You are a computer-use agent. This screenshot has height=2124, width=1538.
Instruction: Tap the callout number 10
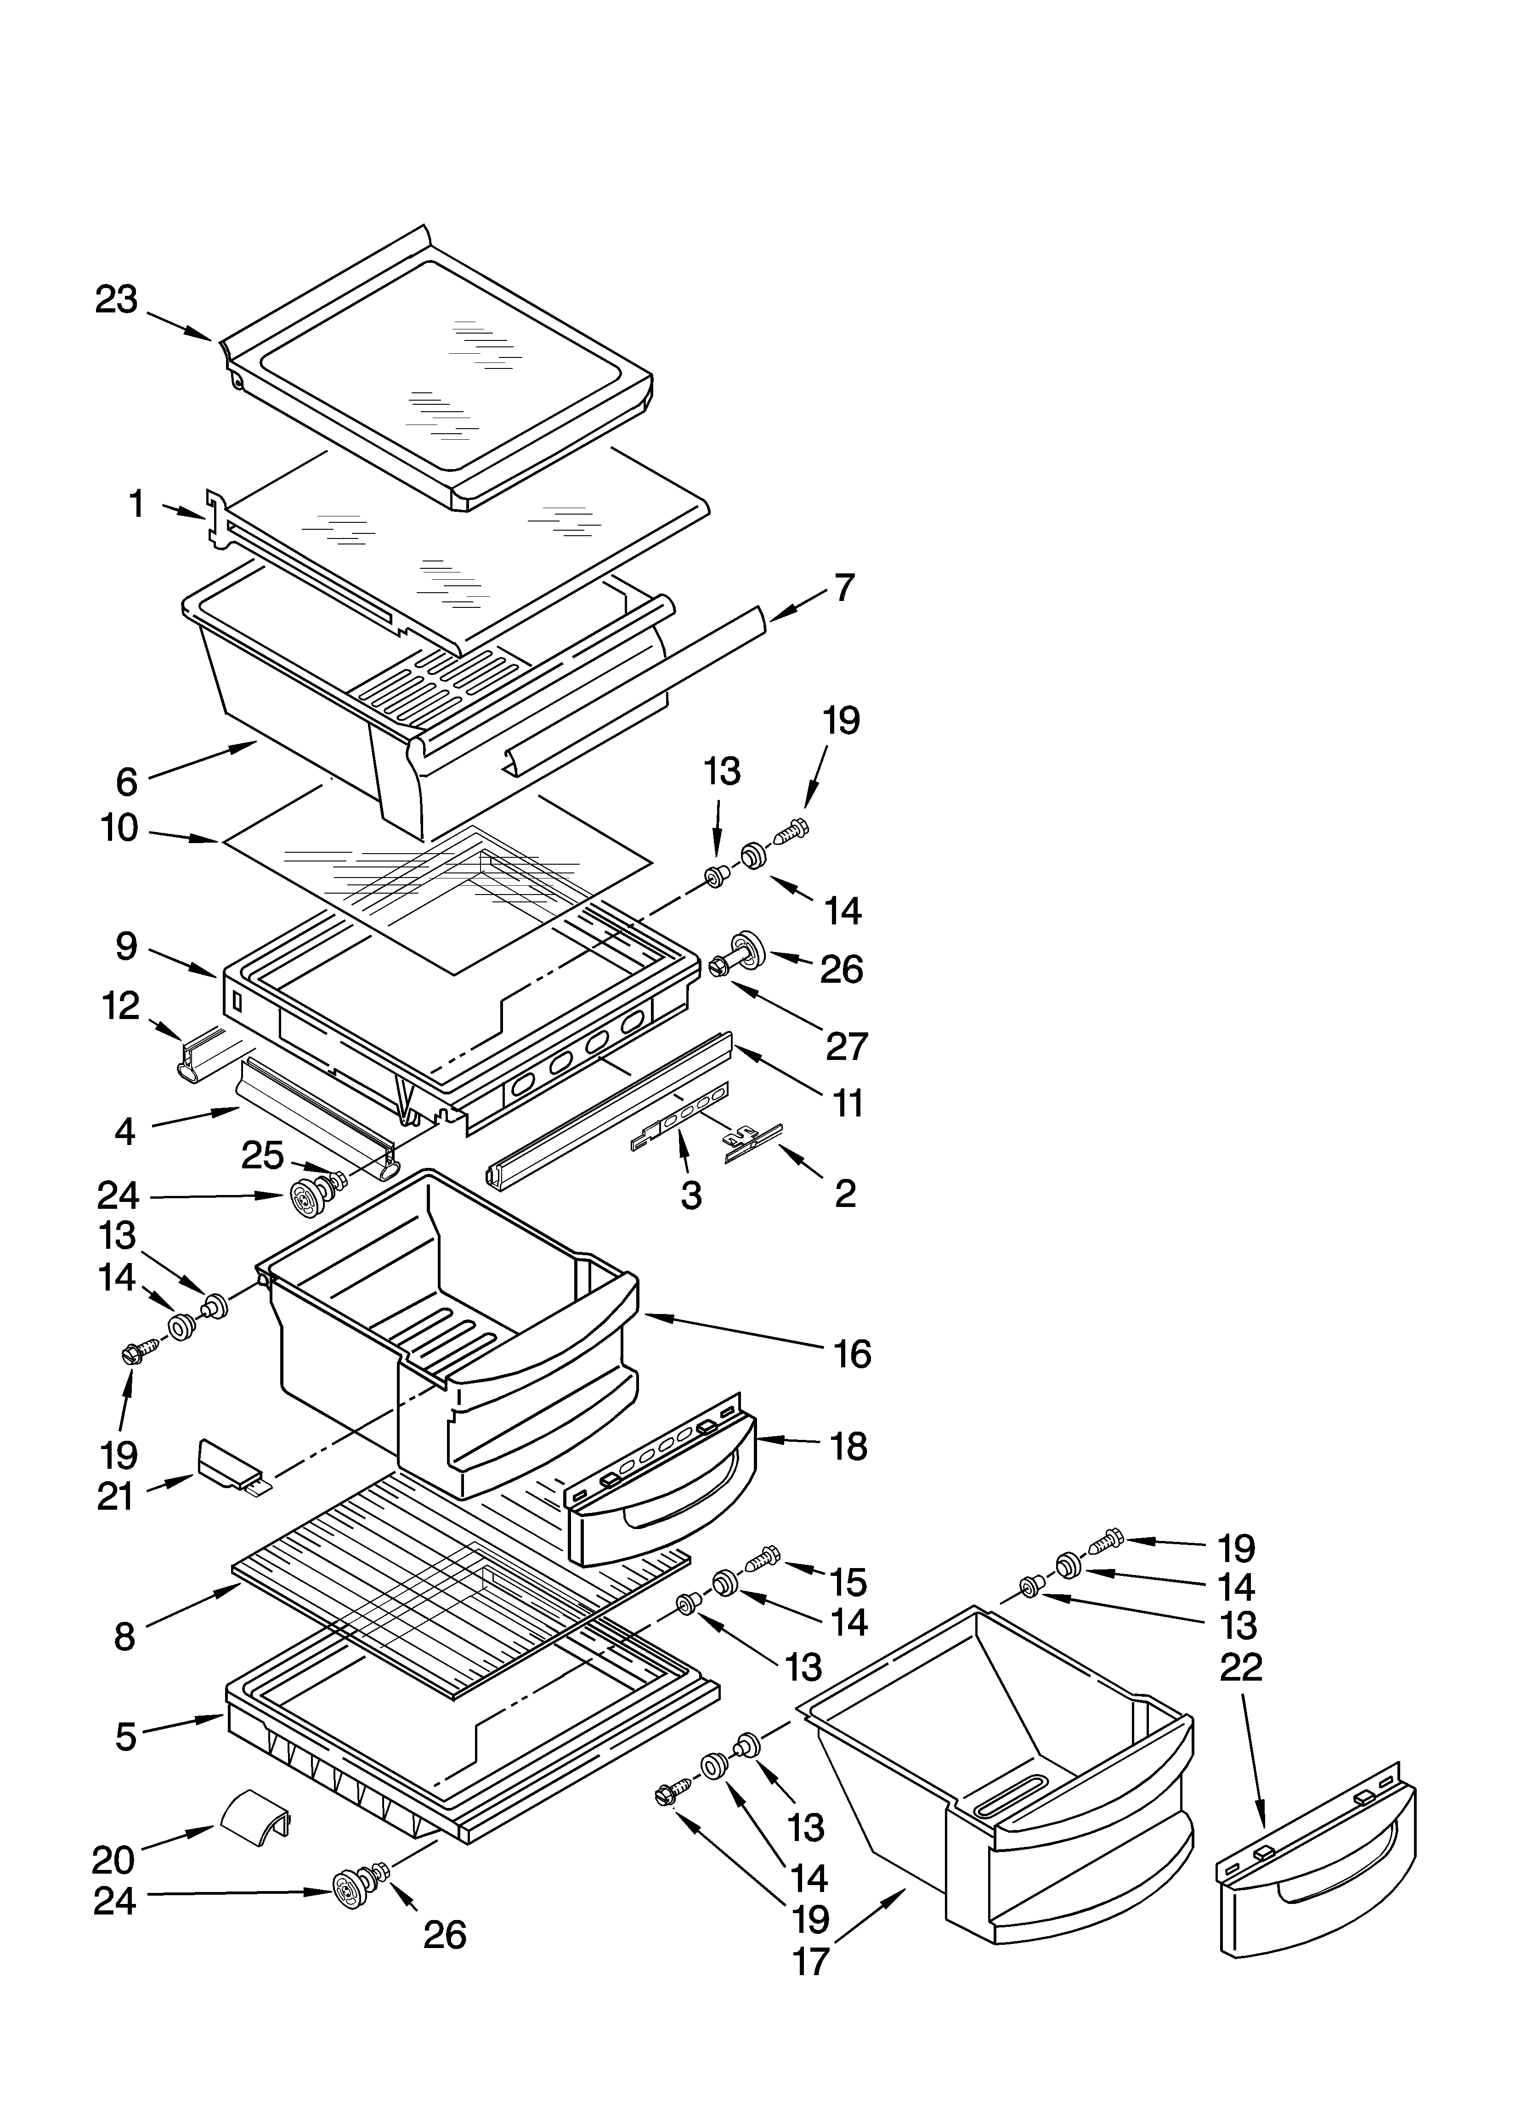click(x=120, y=828)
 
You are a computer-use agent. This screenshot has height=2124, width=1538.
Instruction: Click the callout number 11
click(x=848, y=1103)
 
